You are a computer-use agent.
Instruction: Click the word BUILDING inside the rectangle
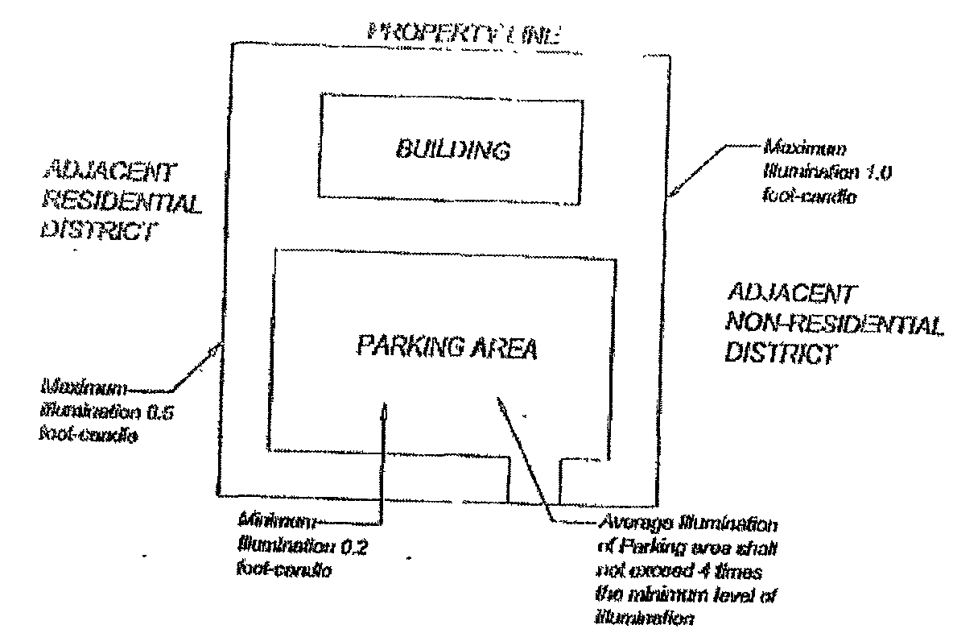pos(452,150)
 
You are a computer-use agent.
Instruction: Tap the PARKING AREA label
pos(445,349)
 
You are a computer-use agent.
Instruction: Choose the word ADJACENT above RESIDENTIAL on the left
pos(110,172)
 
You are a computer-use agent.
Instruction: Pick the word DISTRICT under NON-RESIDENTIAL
pos(778,354)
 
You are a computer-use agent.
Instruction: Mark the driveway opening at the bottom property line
pos(533,483)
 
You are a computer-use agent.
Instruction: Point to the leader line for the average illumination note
pos(523,451)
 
